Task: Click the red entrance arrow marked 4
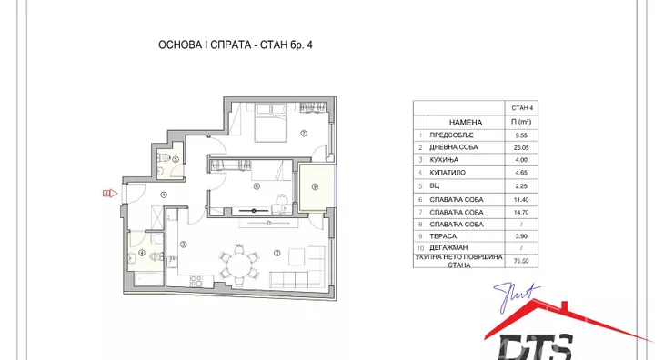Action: click(x=110, y=194)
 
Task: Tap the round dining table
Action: click(x=239, y=265)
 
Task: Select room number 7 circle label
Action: click(x=304, y=134)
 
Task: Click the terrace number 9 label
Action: click(x=315, y=187)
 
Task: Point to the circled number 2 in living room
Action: click(x=277, y=254)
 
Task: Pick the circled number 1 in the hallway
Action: click(x=164, y=195)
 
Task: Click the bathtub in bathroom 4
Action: click(x=148, y=279)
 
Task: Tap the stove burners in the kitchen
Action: click(x=196, y=281)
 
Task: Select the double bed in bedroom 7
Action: click(x=270, y=123)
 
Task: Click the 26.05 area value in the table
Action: click(x=521, y=147)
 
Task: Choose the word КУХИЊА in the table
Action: click(x=444, y=160)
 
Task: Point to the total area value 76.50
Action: click(x=521, y=261)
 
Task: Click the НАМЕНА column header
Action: click(x=466, y=122)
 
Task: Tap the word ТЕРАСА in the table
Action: click(x=443, y=236)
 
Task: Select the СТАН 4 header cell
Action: click(x=522, y=108)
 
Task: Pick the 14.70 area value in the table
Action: click(x=521, y=213)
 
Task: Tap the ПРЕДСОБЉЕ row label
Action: click(x=451, y=135)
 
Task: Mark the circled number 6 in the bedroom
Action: click(x=257, y=186)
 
